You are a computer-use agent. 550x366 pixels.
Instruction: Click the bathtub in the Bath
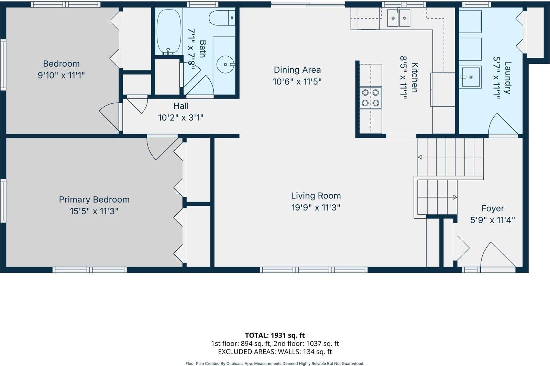pyautogui.click(x=169, y=32)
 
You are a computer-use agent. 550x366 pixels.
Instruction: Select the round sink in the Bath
pyautogui.click(x=225, y=64)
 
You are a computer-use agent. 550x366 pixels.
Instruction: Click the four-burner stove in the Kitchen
pyautogui.click(x=371, y=98)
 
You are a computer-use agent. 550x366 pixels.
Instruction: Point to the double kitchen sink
pyautogui.click(x=399, y=18)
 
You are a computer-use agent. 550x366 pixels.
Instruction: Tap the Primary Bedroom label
pyautogui.click(x=94, y=199)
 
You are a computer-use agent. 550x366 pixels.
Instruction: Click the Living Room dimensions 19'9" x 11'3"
pyautogui.click(x=316, y=207)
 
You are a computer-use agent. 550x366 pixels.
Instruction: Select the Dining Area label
pyautogui.click(x=297, y=70)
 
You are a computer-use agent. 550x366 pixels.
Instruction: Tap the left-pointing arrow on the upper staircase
pyautogui.click(x=420, y=157)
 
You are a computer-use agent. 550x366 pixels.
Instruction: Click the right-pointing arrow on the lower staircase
pyautogui.click(x=454, y=197)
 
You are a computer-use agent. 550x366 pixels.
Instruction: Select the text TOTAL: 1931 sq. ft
pyautogui.click(x=275, y=335)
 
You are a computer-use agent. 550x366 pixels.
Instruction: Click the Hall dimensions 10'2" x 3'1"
pyautogui.click(x=180, y=118)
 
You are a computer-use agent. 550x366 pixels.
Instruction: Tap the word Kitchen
pyautogui.click(x=415, y=77)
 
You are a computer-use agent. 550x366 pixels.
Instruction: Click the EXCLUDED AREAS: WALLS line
pyautogui.click(x=275, y=352)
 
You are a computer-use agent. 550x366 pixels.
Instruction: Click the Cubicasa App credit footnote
pyautogui.click(x=275, y=363)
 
